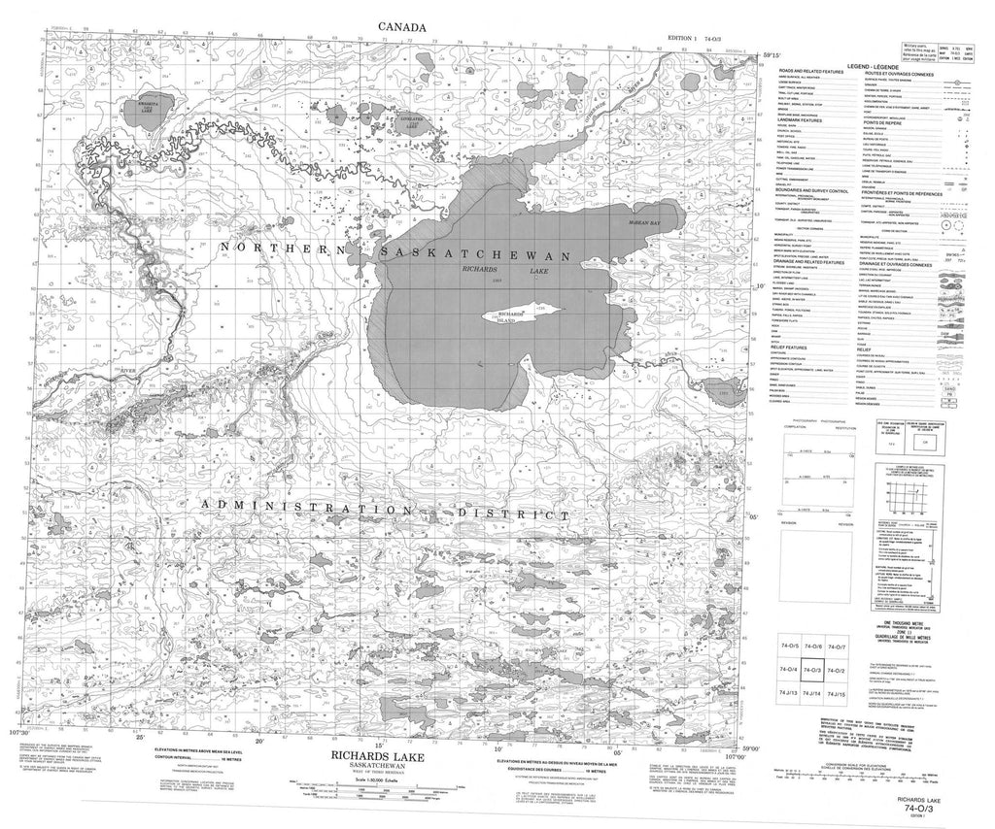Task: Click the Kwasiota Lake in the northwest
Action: point(150,110)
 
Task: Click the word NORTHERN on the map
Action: point(283,250)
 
